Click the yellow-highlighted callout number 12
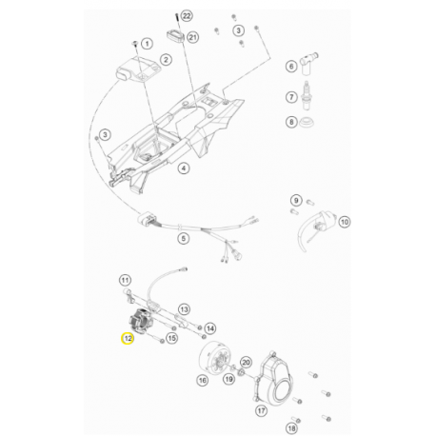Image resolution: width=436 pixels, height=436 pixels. pyautogui.click(x=128, y=338)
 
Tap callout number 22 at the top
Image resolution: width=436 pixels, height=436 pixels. pyautogui.click(x=187, y=15)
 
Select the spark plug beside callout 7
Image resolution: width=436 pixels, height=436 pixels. pyautogui.click(x=306, y=95)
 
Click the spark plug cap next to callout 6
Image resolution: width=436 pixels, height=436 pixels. pyautogui.click(x=308, y=65)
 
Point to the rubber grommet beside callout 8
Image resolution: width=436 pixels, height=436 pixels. pyautogui.click(x=307, y=122)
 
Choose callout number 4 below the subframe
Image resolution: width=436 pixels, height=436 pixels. pyautogui.click(x=184, y=168)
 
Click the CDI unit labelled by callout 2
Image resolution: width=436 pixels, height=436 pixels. pyautogui.click(x=138, y=70)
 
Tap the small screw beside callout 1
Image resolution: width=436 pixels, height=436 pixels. pyautogui.click(x=135, y=43)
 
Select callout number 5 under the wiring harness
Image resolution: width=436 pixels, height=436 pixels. pyautogui.click(x=184, y=238)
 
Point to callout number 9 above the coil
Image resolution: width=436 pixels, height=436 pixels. pyautogui.click(x=296, y=200)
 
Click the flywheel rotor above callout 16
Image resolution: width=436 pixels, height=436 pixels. pyautogui.click(x=213, y=359)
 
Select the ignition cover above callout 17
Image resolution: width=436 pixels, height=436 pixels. pyautogui.click(x=273, y=377)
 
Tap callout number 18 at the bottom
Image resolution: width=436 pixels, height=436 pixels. pyautogui.click(x=291, y=428)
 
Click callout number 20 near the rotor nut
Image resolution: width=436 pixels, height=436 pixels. pyautogui.click(x=246, y=362)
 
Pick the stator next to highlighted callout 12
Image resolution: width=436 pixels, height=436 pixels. pyautogui.click(x=141, y=321)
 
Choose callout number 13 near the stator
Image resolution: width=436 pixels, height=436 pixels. pyautogui.click(x=184, y=308)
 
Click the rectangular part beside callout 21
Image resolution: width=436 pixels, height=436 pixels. pyautogui.click(x=175, y=35)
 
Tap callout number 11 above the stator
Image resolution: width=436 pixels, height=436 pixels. pyautogui.click(x=125, y=280)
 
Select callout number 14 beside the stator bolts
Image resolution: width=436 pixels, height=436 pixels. pyautogui.click(x=210, y=328)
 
